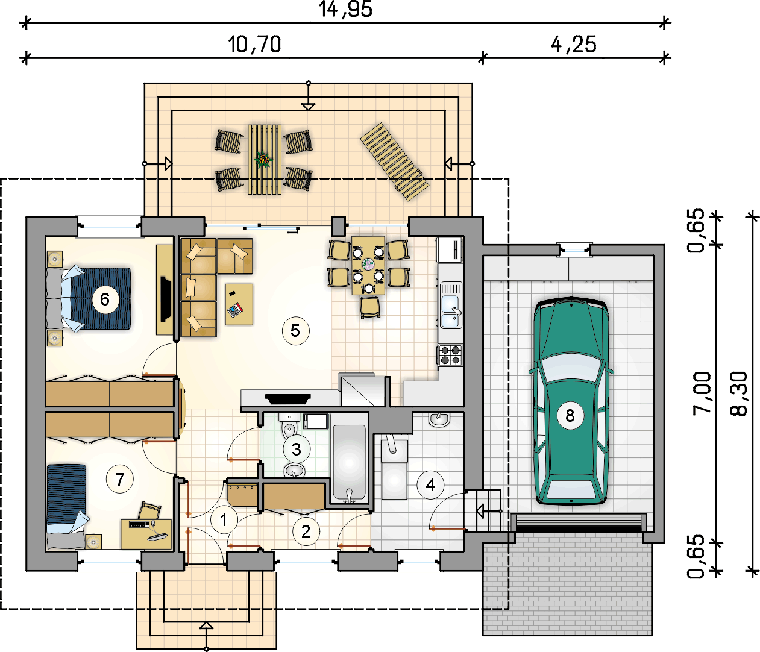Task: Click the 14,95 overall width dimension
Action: pos(345,9)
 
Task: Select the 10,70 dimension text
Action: pos(254,45)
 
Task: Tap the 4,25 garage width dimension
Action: pos(574,45)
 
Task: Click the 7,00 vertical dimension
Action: pos(702,393)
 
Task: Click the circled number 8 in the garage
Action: pos(570,416)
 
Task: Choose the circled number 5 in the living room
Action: pos(295,331)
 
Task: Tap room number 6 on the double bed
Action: pos(105,299)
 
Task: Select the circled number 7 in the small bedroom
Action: pos(120,479)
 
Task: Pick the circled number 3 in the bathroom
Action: pos(297,449)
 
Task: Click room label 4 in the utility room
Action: pos(430,485)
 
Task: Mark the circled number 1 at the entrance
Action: pos(224,520)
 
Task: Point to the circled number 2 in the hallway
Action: pos(306,531)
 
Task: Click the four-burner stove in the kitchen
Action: pos(450,355)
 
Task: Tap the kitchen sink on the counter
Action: pos(451,306)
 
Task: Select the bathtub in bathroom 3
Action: pos(349,464)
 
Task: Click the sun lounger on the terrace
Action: pos(395,161)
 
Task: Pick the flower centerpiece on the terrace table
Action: pos(263,160)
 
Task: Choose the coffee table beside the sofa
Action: pos(239,304)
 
